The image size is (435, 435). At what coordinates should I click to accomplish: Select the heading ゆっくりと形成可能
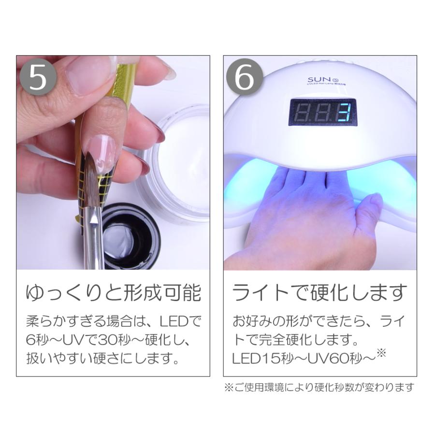(113, 293)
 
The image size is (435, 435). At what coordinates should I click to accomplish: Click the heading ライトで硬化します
(319, 293)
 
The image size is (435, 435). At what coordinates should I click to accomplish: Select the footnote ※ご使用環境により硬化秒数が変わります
(319, 388)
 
